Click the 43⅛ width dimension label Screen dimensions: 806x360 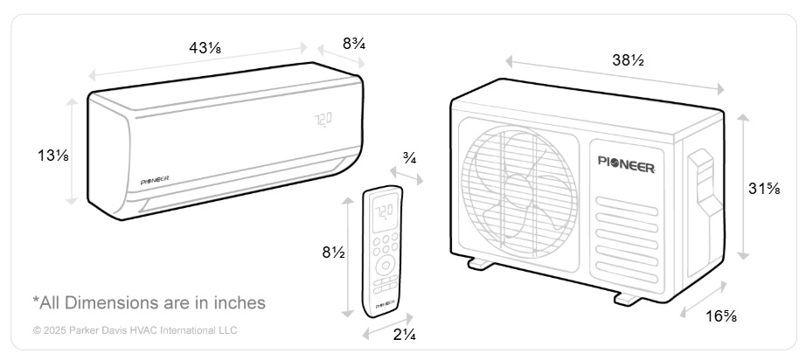click(205, 48)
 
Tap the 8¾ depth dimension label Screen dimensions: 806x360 click(354, 44)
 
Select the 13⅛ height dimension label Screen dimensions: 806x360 click(53, 155)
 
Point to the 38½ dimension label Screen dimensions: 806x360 click(628, 60)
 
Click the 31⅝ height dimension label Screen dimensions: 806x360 click(764, 189)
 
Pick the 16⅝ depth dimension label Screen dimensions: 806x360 click(721, 316)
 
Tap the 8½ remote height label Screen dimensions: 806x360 click(334, 253)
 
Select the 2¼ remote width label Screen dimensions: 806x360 click(405, 335)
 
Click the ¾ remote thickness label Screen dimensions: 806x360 click(410, 159)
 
